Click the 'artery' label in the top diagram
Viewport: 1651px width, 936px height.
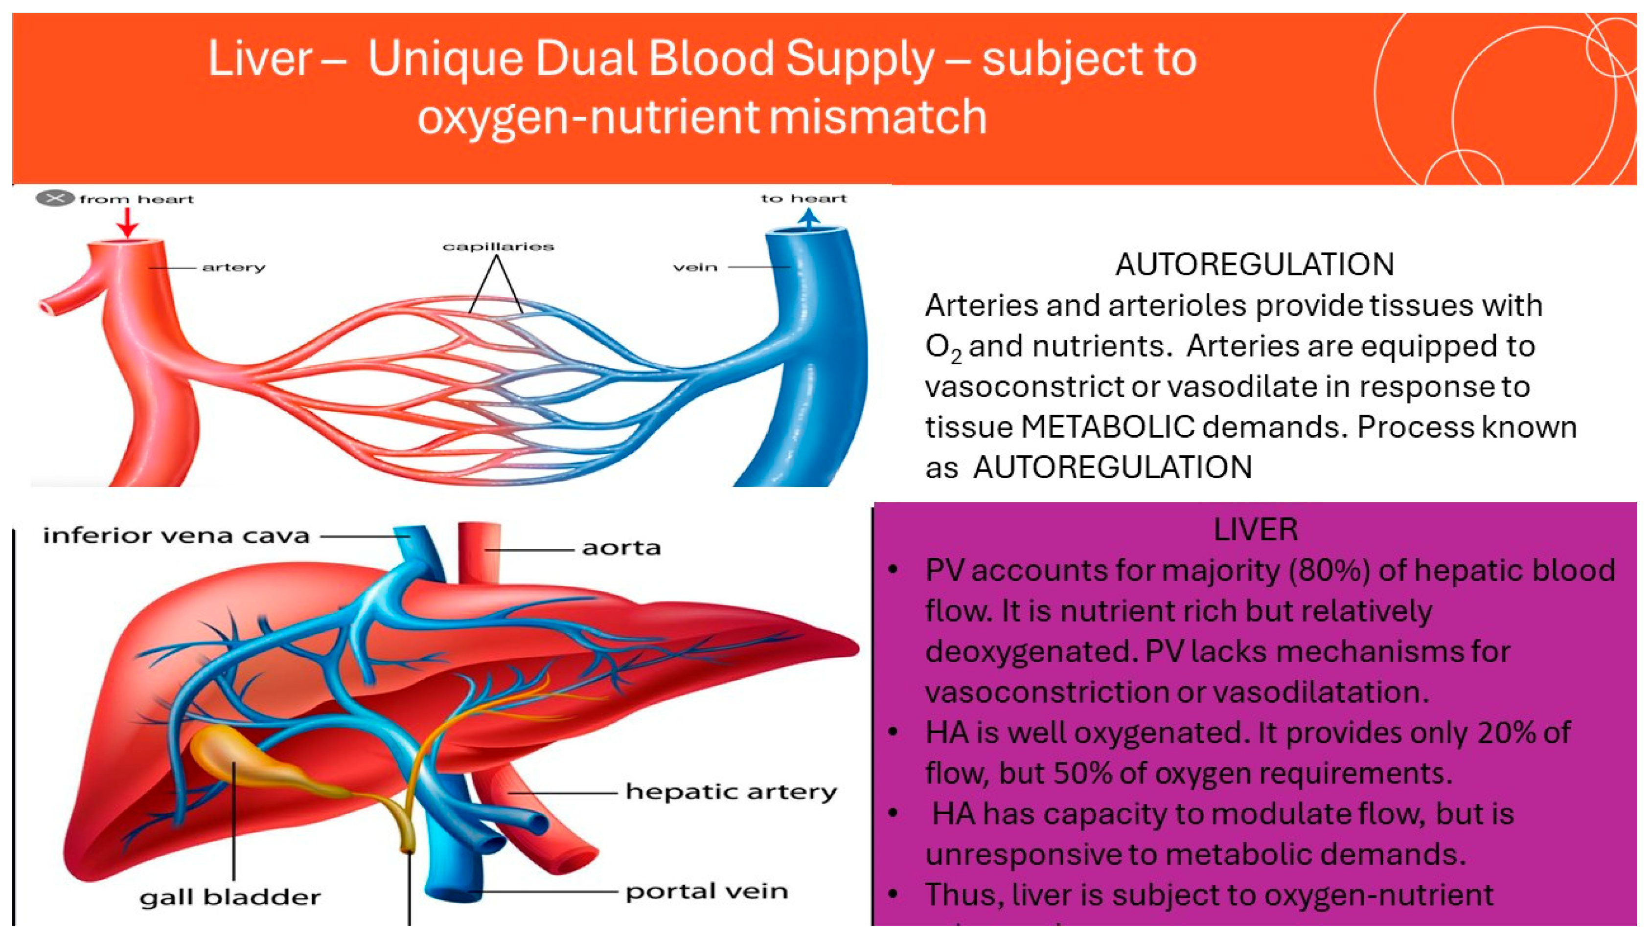pyautogui.click(x=233, y=267)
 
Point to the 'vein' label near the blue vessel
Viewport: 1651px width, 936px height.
pyautogui.click(x=695, y=267)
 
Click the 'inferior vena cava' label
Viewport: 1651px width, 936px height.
pyautogui.click(x=176, y=535)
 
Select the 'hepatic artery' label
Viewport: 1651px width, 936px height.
pyautogui.click(x=731, y=792)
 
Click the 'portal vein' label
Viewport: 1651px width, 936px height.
pyautogui.click(x=706, y=891)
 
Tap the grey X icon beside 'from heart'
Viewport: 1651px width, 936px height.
pyautogui.click(x=55, y=199)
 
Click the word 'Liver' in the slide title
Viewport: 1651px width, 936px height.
pyautogui.click(x=260, y=59)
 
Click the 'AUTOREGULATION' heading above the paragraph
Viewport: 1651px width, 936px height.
pyautogui.click(x=1254, y=264)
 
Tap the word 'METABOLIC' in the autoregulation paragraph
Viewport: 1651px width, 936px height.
pyautogui.click(x=1107, y=427)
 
